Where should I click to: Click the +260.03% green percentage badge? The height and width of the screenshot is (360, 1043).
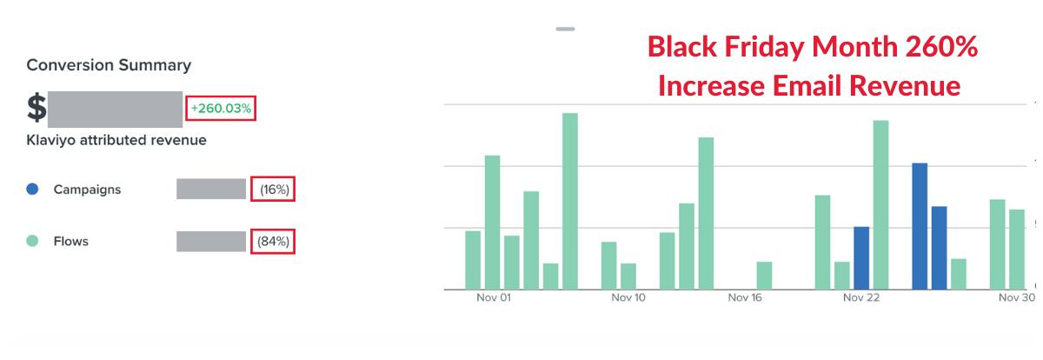pyautogui.click(x=221, y=109)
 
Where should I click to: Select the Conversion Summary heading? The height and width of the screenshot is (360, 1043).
pyautogui.click(x=109, y=65)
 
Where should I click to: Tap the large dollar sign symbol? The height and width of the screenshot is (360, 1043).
pyautogui.click(x=37, y=108)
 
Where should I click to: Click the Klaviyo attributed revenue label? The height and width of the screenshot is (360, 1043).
pyautogui.click(x=116, y=140)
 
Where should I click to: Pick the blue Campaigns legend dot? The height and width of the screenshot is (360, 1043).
pyautogui.click(x=32, y=189)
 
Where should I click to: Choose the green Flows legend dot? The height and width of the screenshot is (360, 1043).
pyautogui.click(x=32, y=241)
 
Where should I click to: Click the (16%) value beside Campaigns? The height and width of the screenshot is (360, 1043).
pyautogui.click(x=275, y=190)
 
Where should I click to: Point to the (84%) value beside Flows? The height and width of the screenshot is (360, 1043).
pyautogui.click(x=273, y=241)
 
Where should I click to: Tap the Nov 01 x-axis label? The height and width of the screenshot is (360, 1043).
pyautogui.click(x=494, y=297)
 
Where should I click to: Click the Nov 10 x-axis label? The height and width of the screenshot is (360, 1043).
pyautogui.click(x=628, y=297)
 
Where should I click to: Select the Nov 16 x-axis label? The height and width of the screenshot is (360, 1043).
pyautogui.click(x=745, y=297)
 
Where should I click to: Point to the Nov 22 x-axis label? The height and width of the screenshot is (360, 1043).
pyautogui.click(x=861, y=297)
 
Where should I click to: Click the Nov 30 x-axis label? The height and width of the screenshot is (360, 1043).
pyautogui.click(x=1016, y=297)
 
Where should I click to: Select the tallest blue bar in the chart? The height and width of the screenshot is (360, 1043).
pyautogui.click(x=920, y=226)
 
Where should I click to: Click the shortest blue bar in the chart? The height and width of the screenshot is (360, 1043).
pyautogui.click(x=861, y=258)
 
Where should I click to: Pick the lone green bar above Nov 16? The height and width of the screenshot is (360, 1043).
pyautogui.click(x=764, y=276)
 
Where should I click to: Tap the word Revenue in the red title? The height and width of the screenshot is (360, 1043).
pyautogui.click(x=905, y=86)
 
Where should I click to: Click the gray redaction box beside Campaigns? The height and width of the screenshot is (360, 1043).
pyautogui.click(x=211, y=189)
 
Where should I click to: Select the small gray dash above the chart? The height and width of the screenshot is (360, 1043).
pyautogui.click(x=565, y=29)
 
